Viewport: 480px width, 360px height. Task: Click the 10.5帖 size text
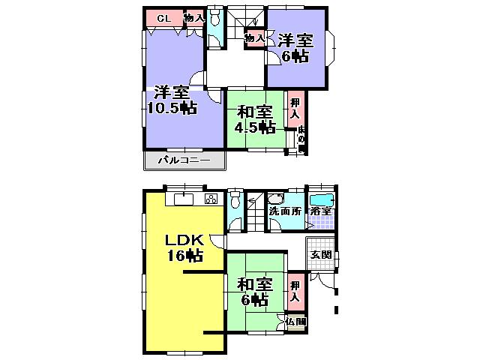(172, 108)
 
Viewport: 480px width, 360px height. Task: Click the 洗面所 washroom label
(286, 211)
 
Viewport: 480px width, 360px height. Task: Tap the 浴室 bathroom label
(322, 212)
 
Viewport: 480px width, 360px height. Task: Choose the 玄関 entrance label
(320, 255)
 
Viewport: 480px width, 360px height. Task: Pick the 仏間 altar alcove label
(296, 322)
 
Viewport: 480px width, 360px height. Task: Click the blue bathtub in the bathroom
(322, 200)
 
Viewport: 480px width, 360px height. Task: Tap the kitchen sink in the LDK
(184, 199)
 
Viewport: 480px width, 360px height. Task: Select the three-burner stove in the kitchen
(211, 199)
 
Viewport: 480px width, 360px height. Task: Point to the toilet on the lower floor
(236, 200)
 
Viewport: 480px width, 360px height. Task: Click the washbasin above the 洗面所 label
(274, 199)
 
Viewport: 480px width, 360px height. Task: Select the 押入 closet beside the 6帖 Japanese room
(295, 292)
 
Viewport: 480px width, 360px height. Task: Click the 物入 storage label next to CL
(194, 18)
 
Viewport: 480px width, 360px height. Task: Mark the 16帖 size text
(184, 256)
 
